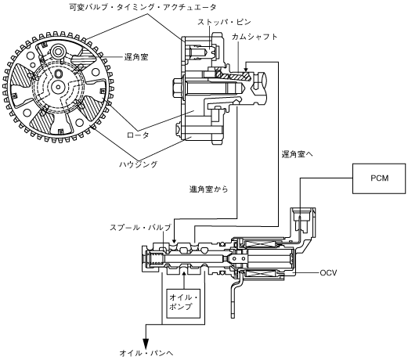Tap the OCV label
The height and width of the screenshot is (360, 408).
(328, 273)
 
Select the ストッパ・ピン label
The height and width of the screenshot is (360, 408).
(224, 22)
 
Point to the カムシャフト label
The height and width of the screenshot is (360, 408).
(255, 37)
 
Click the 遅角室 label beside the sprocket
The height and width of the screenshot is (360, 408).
(136, 57)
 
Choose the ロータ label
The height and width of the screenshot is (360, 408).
(139, 135)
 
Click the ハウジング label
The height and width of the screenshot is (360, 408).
(139, 164)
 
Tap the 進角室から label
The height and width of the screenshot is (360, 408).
(208, 189)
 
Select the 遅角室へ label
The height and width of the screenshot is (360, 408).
(297, 154)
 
